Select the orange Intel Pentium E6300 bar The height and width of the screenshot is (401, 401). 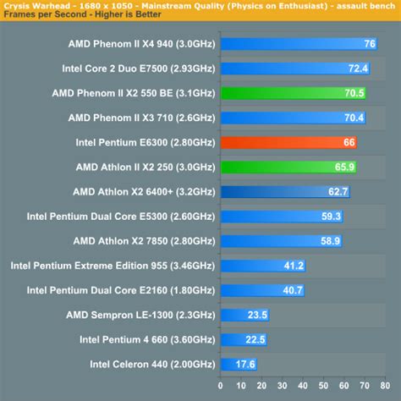288,142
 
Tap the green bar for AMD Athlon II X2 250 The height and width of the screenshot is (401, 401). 288,168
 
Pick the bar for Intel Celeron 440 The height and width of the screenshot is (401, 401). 239,365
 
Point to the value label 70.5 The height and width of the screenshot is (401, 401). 354,93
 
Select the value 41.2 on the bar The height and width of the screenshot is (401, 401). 293,266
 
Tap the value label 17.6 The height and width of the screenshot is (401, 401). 244,365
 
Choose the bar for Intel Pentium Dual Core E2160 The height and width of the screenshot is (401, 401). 263,290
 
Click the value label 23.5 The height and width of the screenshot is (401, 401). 257,315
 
